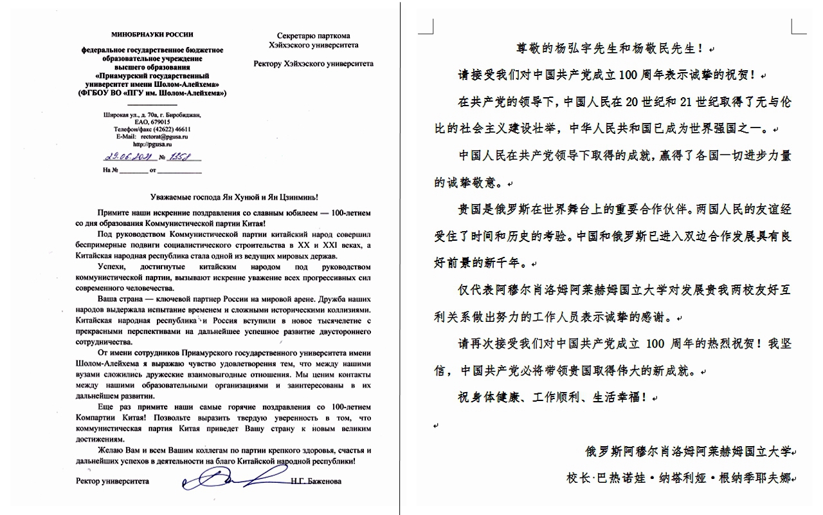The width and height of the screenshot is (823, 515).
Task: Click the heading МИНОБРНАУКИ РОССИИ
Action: [152, 33]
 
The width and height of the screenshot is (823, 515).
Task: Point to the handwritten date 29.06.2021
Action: [125, 156]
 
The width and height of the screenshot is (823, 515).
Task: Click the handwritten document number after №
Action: [182, 156]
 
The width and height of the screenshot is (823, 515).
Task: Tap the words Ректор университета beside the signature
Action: [112, 481]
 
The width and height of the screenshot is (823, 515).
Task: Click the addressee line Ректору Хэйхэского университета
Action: [313, 64]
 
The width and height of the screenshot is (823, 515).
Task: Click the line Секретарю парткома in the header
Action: [313, 36]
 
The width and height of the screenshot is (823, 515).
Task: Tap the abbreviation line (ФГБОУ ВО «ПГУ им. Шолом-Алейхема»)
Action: [152, 93]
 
